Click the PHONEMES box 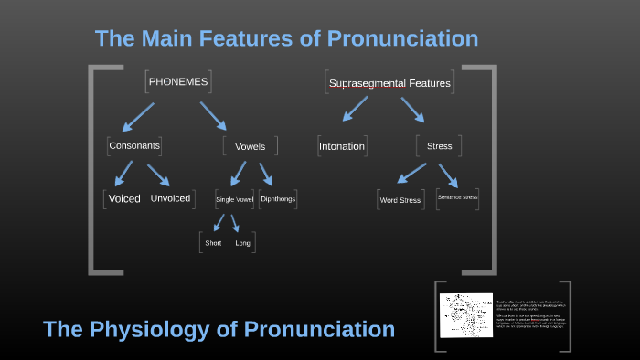(177, 82)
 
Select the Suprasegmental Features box (389, 83)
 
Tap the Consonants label (134, 145)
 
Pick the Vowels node (250, 146)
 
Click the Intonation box (342, 146)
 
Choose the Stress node (439, 146)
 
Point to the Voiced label (124, 198)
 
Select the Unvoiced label (170, 198)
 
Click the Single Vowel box (234, 199)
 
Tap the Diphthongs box (278, 198)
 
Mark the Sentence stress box (457, 197)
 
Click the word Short (213, 243)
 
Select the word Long (242, 243)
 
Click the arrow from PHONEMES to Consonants (138, 114)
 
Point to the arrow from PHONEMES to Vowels (214, 114)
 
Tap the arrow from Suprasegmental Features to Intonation (357, 109)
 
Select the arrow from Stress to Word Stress (412, 173)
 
